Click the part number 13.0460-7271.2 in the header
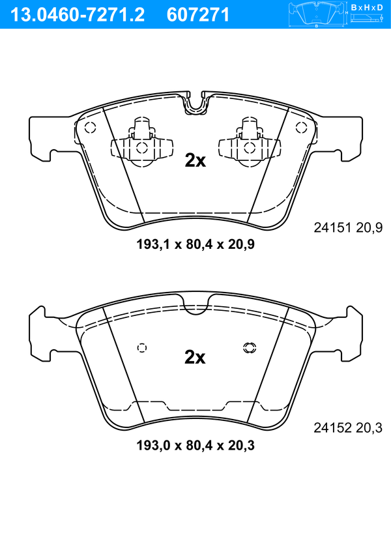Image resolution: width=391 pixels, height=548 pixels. [x=78, y=15]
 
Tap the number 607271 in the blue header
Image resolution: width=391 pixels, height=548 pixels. [x=198, y=15]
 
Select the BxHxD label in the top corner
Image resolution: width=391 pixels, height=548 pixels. [x=367, y=7]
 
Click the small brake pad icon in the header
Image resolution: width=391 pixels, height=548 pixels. [x=316, y=14]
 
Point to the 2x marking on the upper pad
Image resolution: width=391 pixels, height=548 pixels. [x=195, y=161]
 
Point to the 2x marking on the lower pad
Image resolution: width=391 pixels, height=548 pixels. [x=195, y=357]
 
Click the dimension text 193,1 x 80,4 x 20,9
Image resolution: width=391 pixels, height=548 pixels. [x=195, y=244]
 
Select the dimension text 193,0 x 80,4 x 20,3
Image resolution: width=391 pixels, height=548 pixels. [x=195, y=446]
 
